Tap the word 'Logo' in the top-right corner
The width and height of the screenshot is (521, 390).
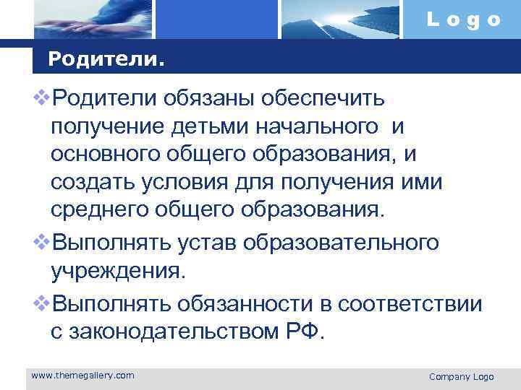463,20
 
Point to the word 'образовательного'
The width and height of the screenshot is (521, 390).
341,242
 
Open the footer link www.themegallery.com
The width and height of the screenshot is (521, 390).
83,375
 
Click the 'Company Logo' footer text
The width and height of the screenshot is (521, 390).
461,376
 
